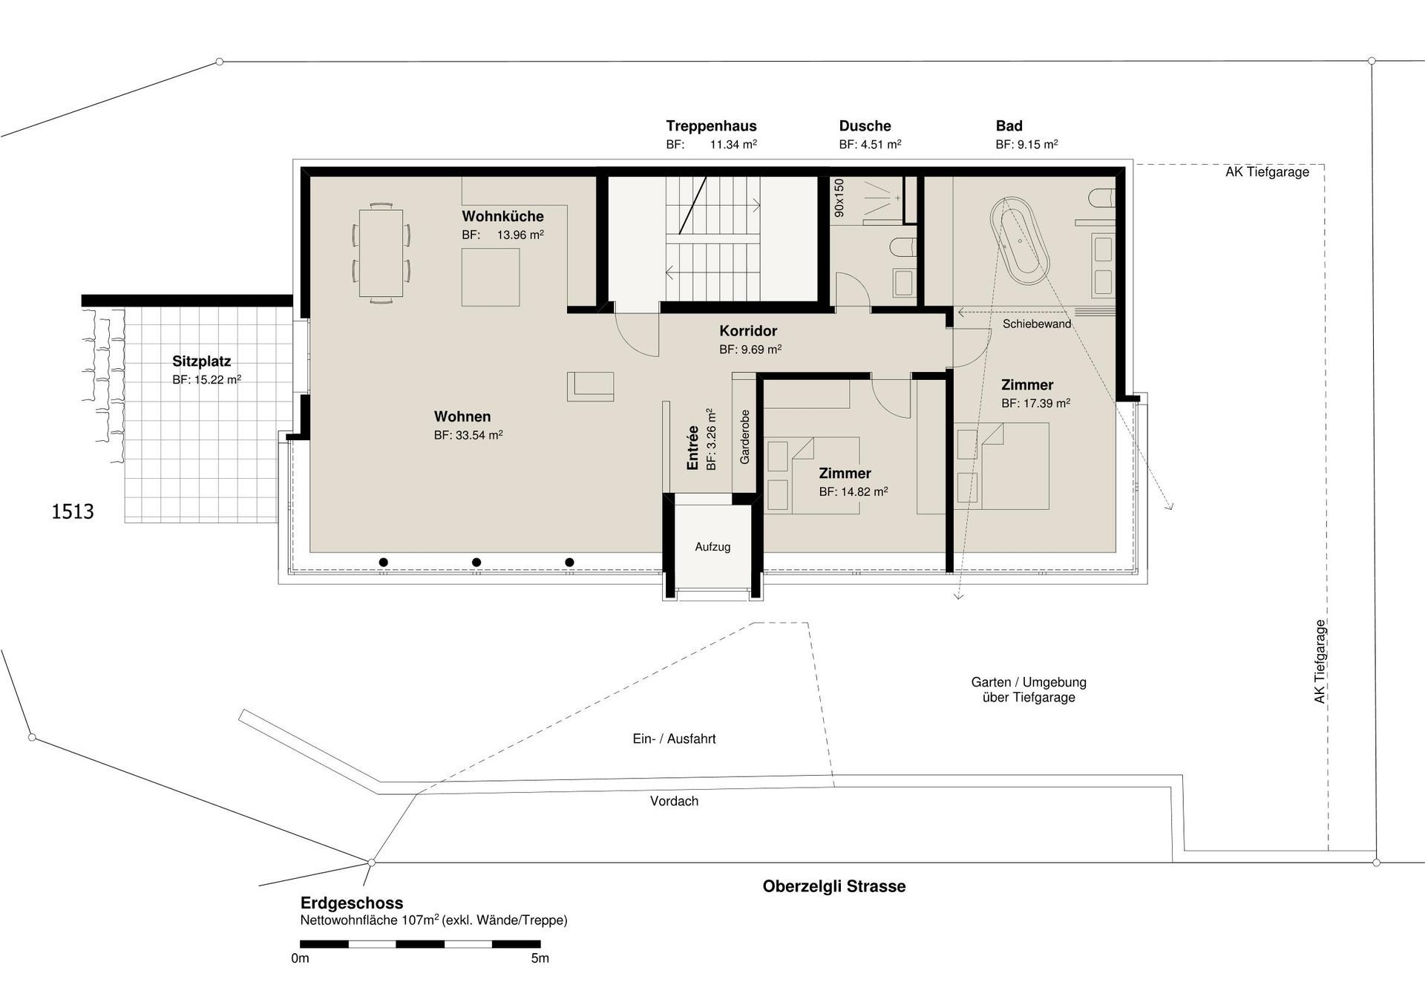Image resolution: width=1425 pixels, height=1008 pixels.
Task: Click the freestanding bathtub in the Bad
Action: tap(1020, 241)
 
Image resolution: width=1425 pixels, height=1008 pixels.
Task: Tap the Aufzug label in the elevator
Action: tap(712, 547)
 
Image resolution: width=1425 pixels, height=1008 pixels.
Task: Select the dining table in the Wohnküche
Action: tap(381, 252)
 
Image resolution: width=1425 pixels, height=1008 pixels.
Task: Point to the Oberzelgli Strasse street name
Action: tap(833, 886)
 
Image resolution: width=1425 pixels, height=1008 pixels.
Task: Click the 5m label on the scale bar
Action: tap(540, 958)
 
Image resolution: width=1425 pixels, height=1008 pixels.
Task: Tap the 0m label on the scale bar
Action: tap(300, 958)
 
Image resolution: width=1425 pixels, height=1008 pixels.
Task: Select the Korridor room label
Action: tap(747, 331)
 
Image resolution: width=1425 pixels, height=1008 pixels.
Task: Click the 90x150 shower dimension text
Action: tap(839, 197)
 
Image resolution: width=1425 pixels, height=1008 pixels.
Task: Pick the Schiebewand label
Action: tap(1036, 324)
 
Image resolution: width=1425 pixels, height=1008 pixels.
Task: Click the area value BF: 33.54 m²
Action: tap(468, 436)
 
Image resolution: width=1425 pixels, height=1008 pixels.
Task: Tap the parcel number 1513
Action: tap(72, 511)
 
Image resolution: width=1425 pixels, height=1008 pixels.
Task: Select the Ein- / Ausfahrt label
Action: tap(674, 739)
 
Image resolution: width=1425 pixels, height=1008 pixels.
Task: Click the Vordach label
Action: tap(674, 802)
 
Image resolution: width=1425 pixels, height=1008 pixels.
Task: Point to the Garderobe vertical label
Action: tap(744, 437)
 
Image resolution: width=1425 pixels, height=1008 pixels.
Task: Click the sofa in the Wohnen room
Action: tap(591, 387)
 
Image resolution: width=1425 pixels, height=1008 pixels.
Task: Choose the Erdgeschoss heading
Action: tap(352, 903)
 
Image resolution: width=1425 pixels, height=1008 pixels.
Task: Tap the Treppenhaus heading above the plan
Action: tap(711, 126)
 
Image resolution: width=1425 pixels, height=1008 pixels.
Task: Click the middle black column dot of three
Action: tap(476, 563)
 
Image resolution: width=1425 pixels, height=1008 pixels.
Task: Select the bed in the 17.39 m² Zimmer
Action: tap(1013, 466)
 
